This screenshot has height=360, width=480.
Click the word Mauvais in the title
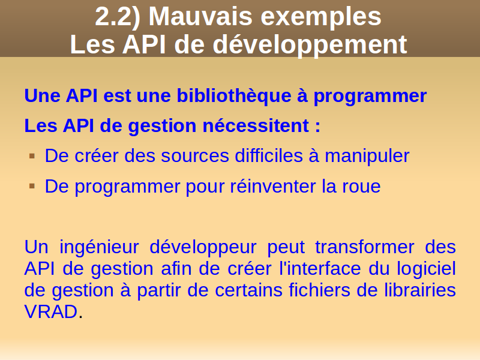click(200, 17)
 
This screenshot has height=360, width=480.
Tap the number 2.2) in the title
click(118, 17)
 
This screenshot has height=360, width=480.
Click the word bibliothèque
click(234, 96)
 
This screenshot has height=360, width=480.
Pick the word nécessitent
click(256, 126)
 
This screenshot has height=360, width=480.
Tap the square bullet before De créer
click(32, 157)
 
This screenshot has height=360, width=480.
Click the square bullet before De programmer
click(32, 186)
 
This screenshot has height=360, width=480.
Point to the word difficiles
click(269, 155)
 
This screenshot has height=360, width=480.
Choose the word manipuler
click(367, 157)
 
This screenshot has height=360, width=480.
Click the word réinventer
click(273, 186)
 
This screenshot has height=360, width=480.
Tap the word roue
click(361, 187)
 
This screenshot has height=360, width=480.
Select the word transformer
click(365, 247)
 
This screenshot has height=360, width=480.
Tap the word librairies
click(420, 290)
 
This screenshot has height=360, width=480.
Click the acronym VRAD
click(51, 312)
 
